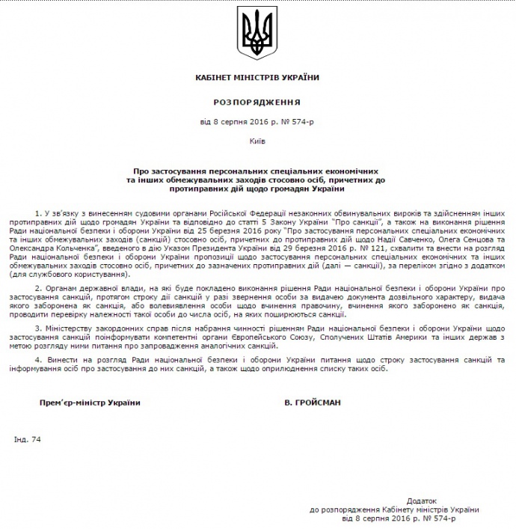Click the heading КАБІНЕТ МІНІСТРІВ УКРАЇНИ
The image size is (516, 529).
[257, 77]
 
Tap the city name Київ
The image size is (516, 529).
[257, 140]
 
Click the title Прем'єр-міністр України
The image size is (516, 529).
[90, 402]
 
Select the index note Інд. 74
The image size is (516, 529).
[27, 439]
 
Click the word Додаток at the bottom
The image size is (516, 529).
[421, 499]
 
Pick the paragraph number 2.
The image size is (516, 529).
[37, 287]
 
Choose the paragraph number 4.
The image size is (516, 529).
[37, 360]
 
